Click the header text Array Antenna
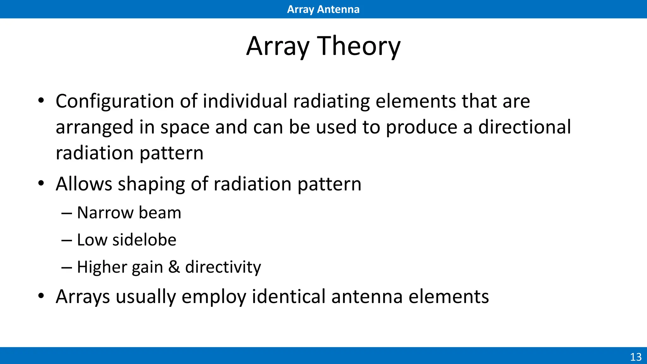323,9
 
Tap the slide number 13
636,357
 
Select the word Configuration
115,102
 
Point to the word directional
524,127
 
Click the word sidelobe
144,240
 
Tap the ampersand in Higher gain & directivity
174,267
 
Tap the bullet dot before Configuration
41,101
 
